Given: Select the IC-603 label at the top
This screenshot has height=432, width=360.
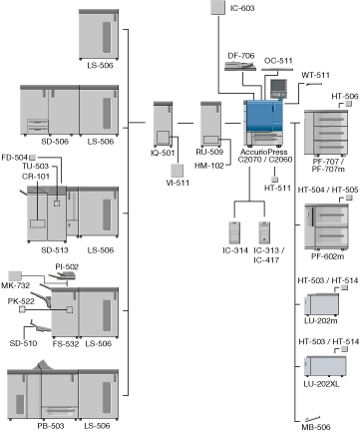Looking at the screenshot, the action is coord(242,8).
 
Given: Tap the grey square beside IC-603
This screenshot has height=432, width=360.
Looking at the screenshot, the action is coord(218,7).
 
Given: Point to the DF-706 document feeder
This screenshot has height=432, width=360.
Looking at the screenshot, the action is coord(240,66).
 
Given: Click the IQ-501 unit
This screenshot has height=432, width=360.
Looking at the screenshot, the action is coord(163,125).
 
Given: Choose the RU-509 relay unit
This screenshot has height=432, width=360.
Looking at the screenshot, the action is coord(210,124).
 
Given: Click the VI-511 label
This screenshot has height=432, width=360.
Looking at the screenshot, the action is coord(178,183).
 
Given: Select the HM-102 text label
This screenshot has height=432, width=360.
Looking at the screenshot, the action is coord(209,166).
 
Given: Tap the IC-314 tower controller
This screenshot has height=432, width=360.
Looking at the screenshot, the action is coord(234,232).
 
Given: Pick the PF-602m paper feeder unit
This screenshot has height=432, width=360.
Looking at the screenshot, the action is coord(326,227).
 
